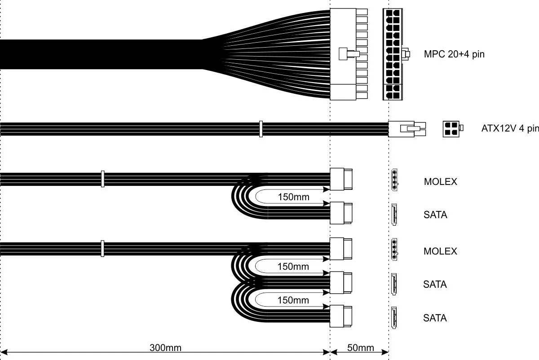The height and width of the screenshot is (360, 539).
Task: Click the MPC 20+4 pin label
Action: pyautogui.click(x=454, y=55)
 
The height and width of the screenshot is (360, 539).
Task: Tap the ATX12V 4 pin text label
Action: pyautogui.click(x=510, y=129)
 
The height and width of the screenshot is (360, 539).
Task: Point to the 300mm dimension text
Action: pyautogui.click(x=165, y=347)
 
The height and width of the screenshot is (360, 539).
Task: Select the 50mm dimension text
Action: pyautogui.click(x=360, y=347)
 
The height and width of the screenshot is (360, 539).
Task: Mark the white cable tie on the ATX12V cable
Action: pyautogui.click(x=261, y=129)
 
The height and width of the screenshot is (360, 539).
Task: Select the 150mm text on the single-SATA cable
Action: pyautogui.click(x=293, y=197)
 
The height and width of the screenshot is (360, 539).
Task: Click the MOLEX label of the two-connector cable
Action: pyautogui.click(x=440, y=182)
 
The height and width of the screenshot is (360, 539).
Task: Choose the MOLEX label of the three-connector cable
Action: pyautogui.click(x=440, y=251)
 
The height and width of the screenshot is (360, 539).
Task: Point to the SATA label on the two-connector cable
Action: pyautogui.click(x=435, y=215)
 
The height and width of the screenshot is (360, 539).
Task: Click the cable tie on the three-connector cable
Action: pyautogui.click(x=102, y=248)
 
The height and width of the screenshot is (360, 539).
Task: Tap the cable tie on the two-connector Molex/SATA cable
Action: pyautogui.click(x=102, y=179)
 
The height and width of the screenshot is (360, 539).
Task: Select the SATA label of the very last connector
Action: pyautogui.click(x=435, y=318)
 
